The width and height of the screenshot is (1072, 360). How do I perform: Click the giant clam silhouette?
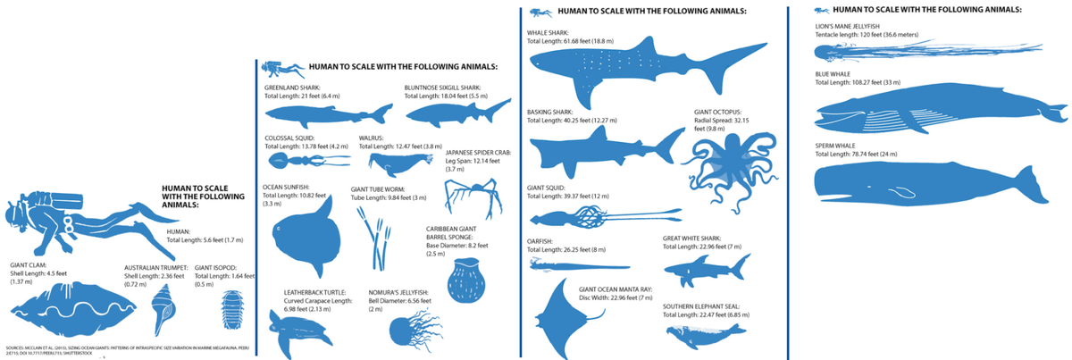click(62, 308)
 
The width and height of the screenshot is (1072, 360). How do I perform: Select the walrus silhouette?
click(394, 163)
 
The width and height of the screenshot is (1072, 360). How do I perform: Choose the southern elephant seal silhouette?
click(706, 336)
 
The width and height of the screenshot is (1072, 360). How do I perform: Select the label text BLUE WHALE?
click(834, 74)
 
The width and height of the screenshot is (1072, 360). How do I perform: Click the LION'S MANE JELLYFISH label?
click(848, 27)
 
